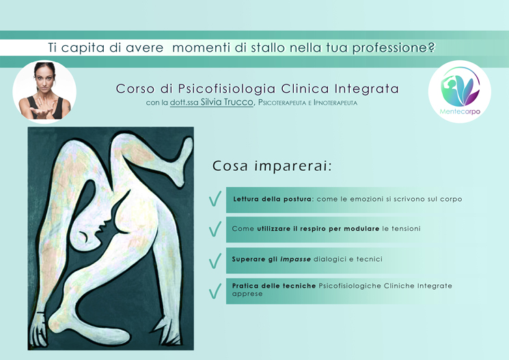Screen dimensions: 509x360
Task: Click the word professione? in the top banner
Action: [394, 48]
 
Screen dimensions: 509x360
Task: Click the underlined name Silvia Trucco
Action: [227, 102]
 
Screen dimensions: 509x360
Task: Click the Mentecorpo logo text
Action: [460, 111]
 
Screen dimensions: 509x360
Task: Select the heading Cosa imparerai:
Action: [272, 166]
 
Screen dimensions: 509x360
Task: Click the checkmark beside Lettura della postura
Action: [215, 199]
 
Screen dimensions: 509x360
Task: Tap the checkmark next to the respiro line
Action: [215, 229]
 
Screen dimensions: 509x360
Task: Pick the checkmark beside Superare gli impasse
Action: [215, 261]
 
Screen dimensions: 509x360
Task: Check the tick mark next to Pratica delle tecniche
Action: [215, 290]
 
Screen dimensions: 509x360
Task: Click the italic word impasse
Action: [295, 260]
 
